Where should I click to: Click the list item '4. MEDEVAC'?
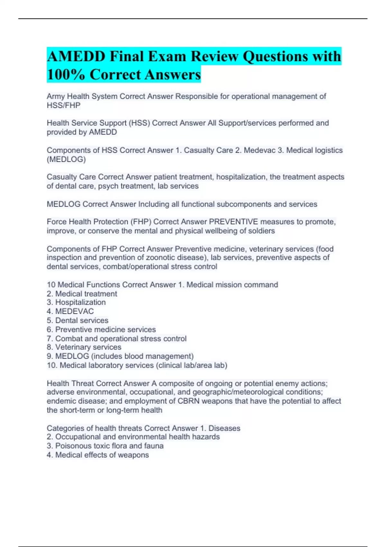(x=70, y=311)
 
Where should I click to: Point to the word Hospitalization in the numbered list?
(x=80, y=302)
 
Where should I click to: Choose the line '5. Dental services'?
(x=78, y=320)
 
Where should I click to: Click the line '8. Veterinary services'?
(x=84, y=347)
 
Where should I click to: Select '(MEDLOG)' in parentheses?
(x=66, y=159)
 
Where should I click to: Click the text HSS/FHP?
(x=63, y=105)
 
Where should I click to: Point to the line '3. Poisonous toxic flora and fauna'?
(x=105, y=446)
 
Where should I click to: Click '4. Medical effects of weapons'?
(x=98, y=455)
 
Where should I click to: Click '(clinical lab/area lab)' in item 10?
(x=192, y=366)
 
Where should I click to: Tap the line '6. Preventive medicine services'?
(x=101, y=329)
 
